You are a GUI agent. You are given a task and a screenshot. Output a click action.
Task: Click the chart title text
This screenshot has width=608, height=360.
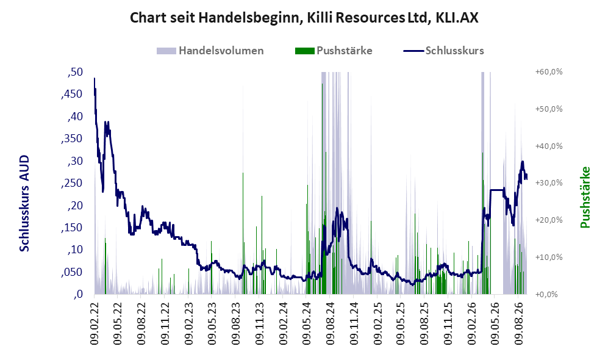click(x=304, y=18)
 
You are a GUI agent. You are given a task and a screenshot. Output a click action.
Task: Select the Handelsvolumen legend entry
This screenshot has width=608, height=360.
click(x=210, y=51)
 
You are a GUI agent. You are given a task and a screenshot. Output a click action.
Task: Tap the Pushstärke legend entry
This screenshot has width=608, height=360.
click(x=334, y=51)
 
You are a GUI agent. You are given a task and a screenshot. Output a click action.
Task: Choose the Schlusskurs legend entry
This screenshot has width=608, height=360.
click(x=443, y=51)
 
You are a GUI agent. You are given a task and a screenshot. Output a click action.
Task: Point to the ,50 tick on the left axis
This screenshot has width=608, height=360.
click(x=75, y=72)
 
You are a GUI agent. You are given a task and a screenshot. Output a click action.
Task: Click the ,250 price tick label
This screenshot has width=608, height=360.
click(x=72, y=183)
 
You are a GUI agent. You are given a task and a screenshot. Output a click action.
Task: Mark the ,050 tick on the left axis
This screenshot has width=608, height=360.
click(x=72, y=272)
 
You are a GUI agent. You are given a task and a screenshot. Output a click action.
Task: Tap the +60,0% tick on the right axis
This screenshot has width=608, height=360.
click(x=549, y=72)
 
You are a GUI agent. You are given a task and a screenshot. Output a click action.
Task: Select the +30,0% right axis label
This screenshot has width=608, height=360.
click(x=549, y=182)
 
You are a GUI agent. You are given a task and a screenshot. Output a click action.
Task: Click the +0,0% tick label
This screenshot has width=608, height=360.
click(x=547, y=294)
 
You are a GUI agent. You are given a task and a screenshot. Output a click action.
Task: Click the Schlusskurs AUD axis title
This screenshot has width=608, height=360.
click(x=24, y=203)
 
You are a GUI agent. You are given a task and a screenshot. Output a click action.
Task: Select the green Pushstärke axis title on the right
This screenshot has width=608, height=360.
click(x=585, y=198)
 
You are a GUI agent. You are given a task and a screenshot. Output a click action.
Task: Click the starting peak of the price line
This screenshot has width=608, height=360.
click(x=95, y=78)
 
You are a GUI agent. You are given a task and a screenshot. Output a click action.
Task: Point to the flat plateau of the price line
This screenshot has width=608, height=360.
click(x=497, y=190)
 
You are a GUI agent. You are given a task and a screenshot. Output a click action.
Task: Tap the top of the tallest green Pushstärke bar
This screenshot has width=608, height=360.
click(x=322, y=84)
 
